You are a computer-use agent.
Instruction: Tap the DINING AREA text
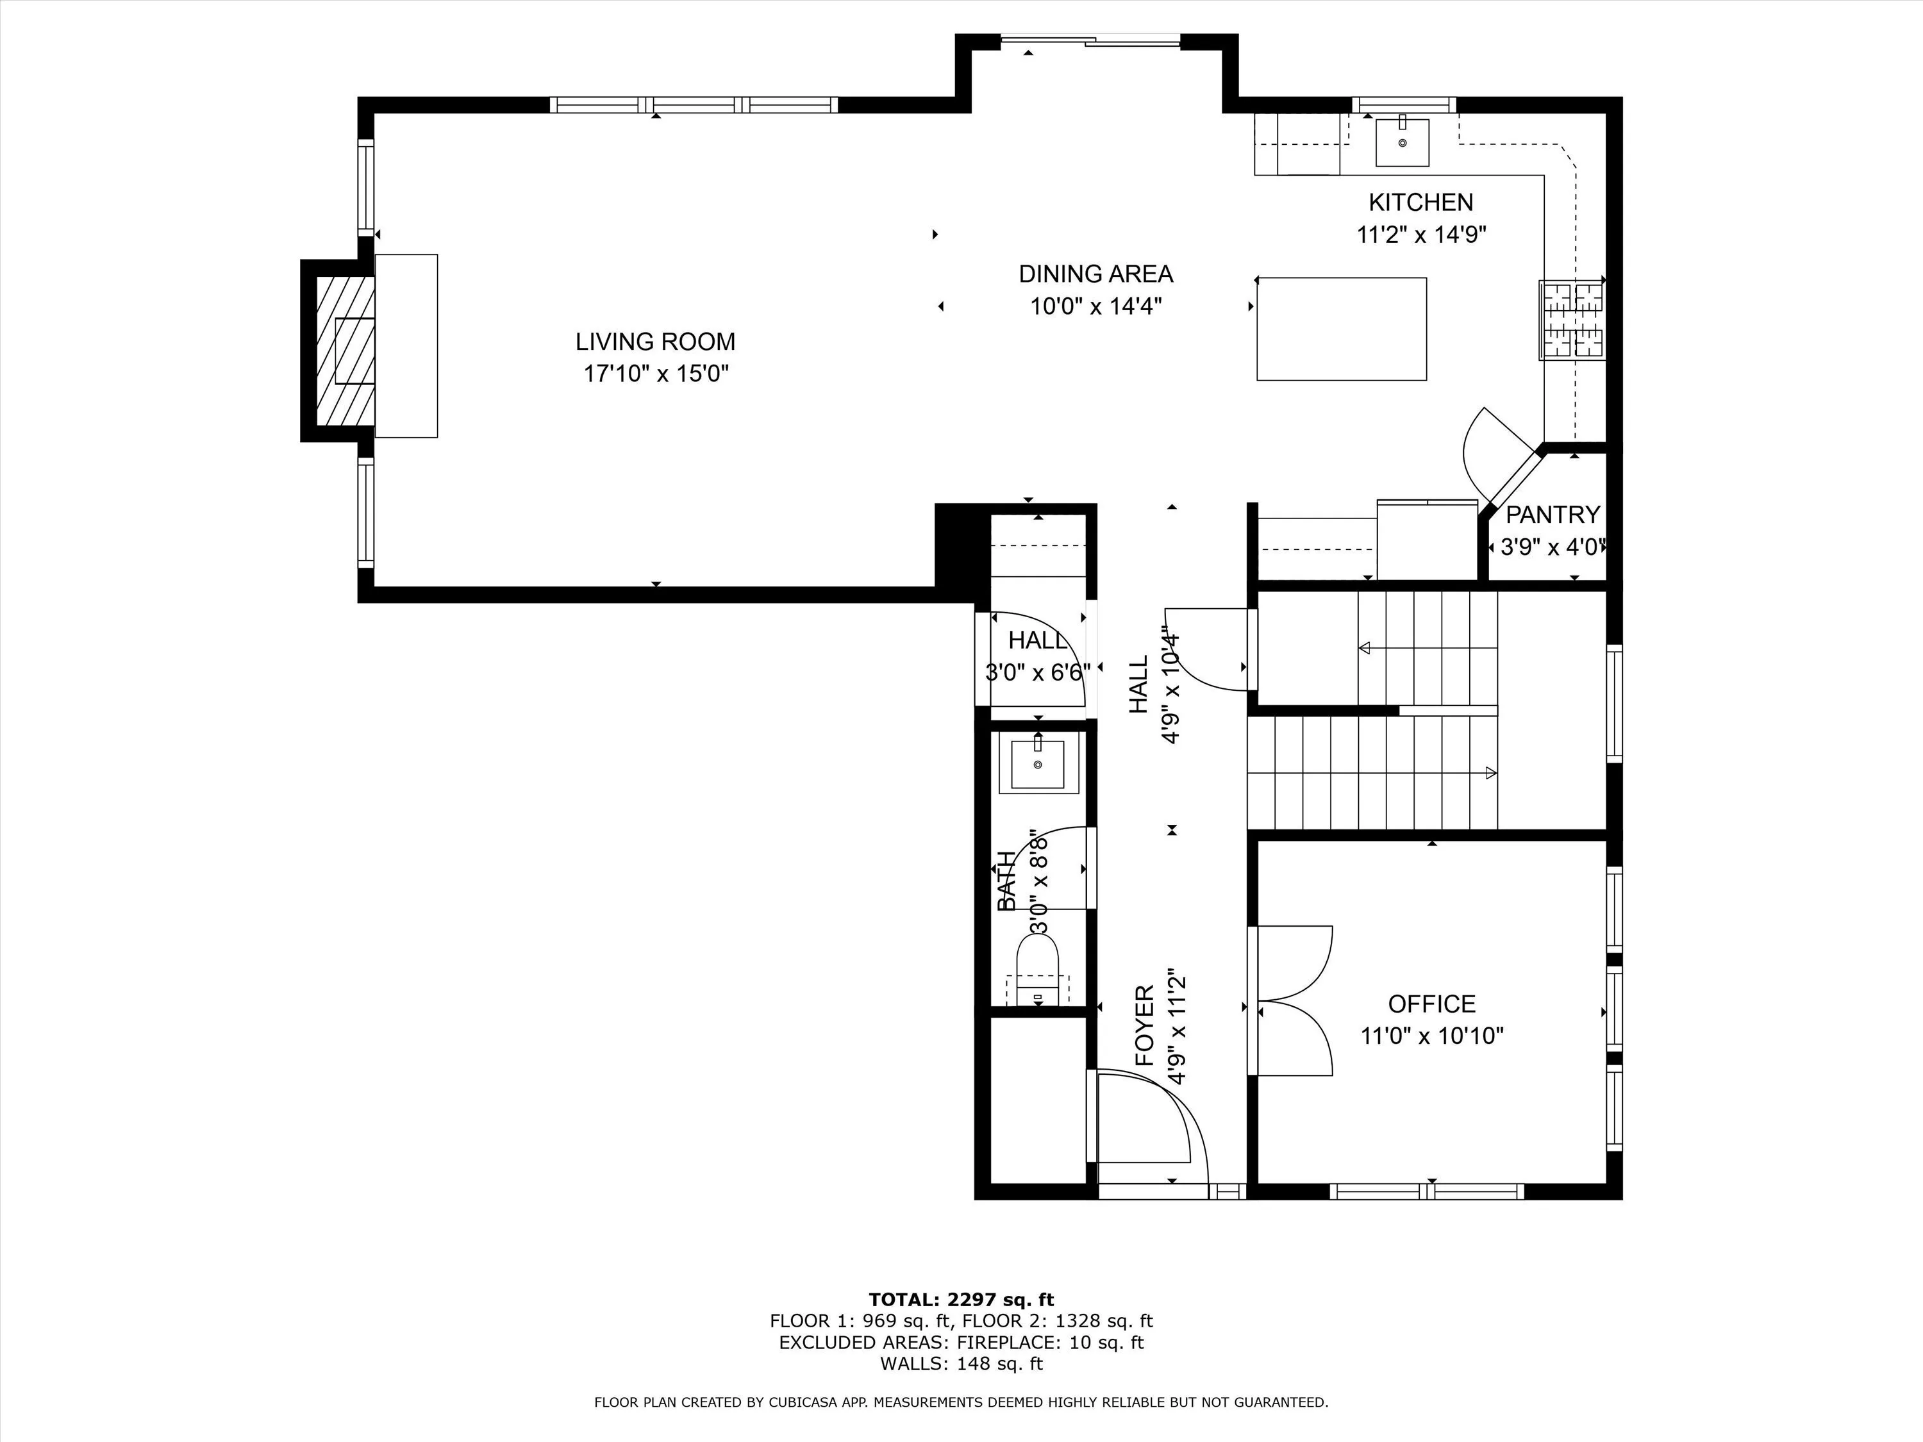pos(1095,274)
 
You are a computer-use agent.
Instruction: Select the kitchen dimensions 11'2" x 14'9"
pos(1421,235)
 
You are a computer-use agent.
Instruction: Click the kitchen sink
pos(1403,142)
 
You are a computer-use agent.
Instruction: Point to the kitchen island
pos(1342,329)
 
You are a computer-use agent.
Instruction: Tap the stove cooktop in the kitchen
pos(1572,320)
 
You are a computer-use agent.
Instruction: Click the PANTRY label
pos(1553,515)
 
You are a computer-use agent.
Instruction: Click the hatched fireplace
pos(345,351)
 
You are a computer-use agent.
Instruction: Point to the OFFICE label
pos(1432,1004)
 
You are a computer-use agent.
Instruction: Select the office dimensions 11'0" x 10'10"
pos(1432,1036)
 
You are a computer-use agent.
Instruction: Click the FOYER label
pos(1145,1025)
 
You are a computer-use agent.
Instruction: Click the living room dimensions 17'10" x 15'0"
pos(656,374)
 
